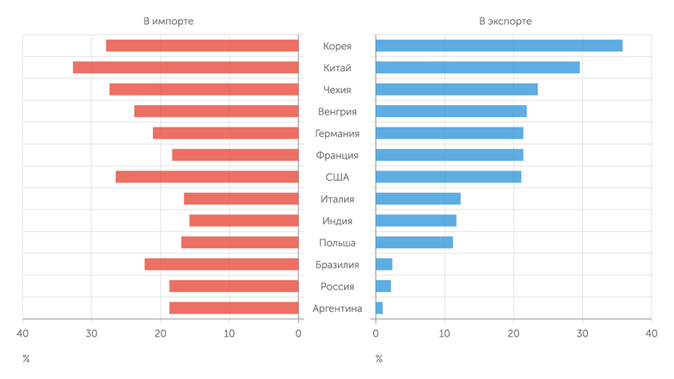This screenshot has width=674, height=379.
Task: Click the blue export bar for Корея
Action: pyautogui.click(x=499, y=46)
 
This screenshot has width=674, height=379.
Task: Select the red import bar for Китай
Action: pyautogui.click(x=186, y=67)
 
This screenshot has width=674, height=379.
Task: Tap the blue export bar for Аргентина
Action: pyautogui.click(x=379, y=308)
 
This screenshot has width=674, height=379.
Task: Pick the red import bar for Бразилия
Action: pyautogui.click(x=222, y=264)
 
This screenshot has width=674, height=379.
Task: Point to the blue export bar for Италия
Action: pyautogui.click(x=418, y=199)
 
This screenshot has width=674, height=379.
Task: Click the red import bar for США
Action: pyautogui.click(x=207, y=177)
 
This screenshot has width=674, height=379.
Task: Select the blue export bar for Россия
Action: pyautogui.click(x=383, y=286)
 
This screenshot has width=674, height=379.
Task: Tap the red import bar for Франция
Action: pyautogui.click(x=236, y=155)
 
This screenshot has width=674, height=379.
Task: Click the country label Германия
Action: pyautogui.click(x=337, y=134)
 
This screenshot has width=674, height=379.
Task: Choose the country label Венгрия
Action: pyautogui.click(x=337, y=111)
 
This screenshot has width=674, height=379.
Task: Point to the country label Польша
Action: pyautogui.click(x=337, y=243)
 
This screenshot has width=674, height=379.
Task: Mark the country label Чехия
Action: pyautogui.click(x=337, y=90)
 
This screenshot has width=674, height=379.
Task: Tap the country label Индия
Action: pyautogui.click(x=337, y=221)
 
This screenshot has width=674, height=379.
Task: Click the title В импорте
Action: pyautogui.click(x=168, y=21)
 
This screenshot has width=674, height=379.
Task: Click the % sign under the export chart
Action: pyautogui.click(x=378, y=358)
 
